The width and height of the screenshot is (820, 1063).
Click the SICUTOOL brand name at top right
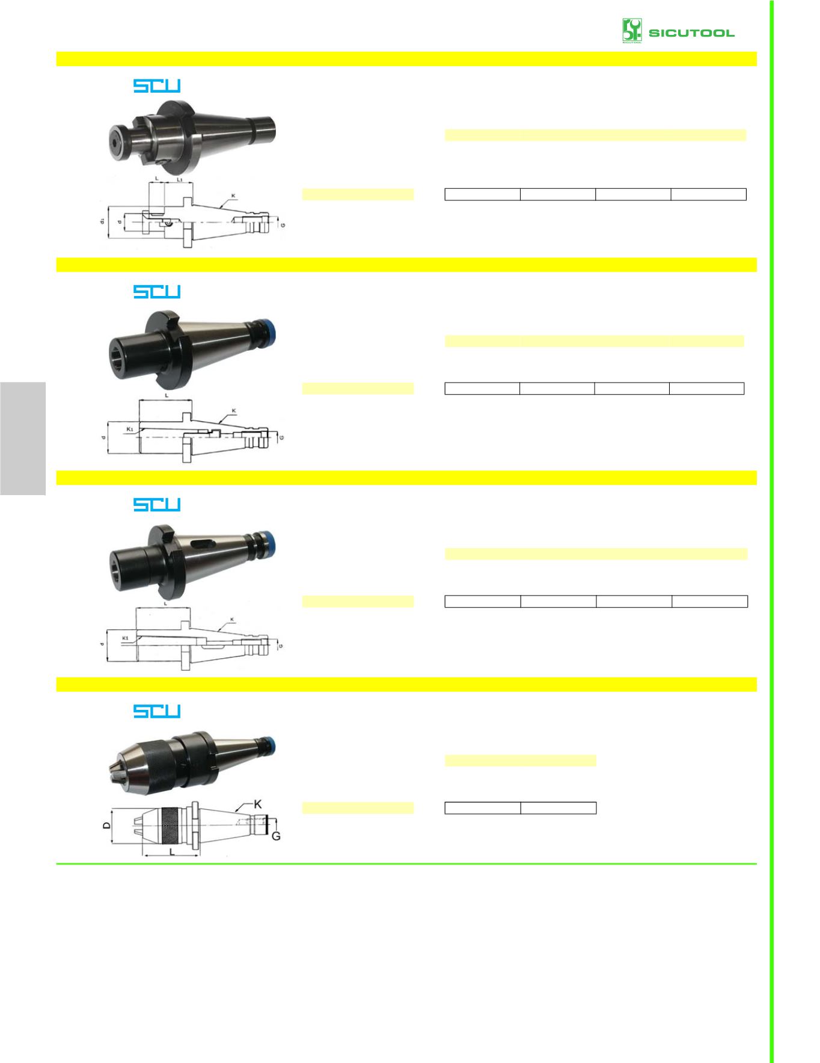pos(691,32)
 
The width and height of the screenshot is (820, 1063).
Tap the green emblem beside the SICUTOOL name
pos(632,31)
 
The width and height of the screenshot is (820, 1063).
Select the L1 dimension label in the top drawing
pos(180,179)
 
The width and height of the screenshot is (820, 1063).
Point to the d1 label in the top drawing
pos(103,221)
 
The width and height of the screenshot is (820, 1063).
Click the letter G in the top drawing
pos(283,224)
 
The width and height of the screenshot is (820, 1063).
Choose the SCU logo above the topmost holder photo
pos(157,86)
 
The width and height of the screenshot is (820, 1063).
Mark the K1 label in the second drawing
pos(130,429)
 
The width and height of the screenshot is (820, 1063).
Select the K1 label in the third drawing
pos(126,637)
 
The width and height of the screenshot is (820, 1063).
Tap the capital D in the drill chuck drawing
pos(106,826)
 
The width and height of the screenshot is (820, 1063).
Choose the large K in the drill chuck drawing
pos(258,804)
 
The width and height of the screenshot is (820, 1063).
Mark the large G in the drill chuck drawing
pos(277,836)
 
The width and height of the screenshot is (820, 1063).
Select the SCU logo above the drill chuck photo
pos(157,711)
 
